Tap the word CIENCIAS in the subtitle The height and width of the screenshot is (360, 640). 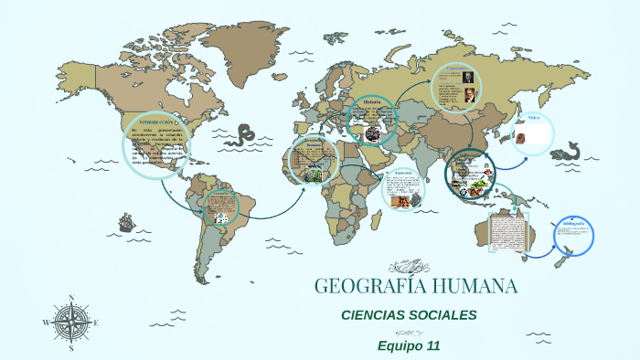coord(374,315)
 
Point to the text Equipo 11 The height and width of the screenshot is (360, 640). coord(409,345)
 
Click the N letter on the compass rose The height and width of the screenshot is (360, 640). coord(71,297)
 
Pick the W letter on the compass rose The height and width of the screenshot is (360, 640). coord(46,323)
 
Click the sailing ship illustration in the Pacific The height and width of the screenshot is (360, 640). coord(124,222)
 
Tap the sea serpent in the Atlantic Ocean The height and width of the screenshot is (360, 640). coord(242,137)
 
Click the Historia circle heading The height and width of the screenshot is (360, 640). coord(371,101)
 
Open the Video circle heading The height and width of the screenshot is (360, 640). coord(534,118)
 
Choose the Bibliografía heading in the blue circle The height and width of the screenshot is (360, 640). coord(573,223)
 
